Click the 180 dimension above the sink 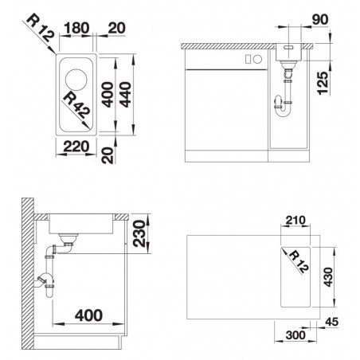click(x=76, y=28)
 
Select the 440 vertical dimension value click(x=125, y=95)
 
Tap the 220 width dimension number click(x=76, y=147)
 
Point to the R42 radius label click(x=77, y=105)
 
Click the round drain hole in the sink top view click(x=76, y=80)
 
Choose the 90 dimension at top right click(x=320, y=19)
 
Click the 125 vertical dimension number click(x=323, y=83)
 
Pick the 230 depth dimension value click(x=139, y=233)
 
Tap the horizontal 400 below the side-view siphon click(x=88, y=315)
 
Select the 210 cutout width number click(x=295, y=220)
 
